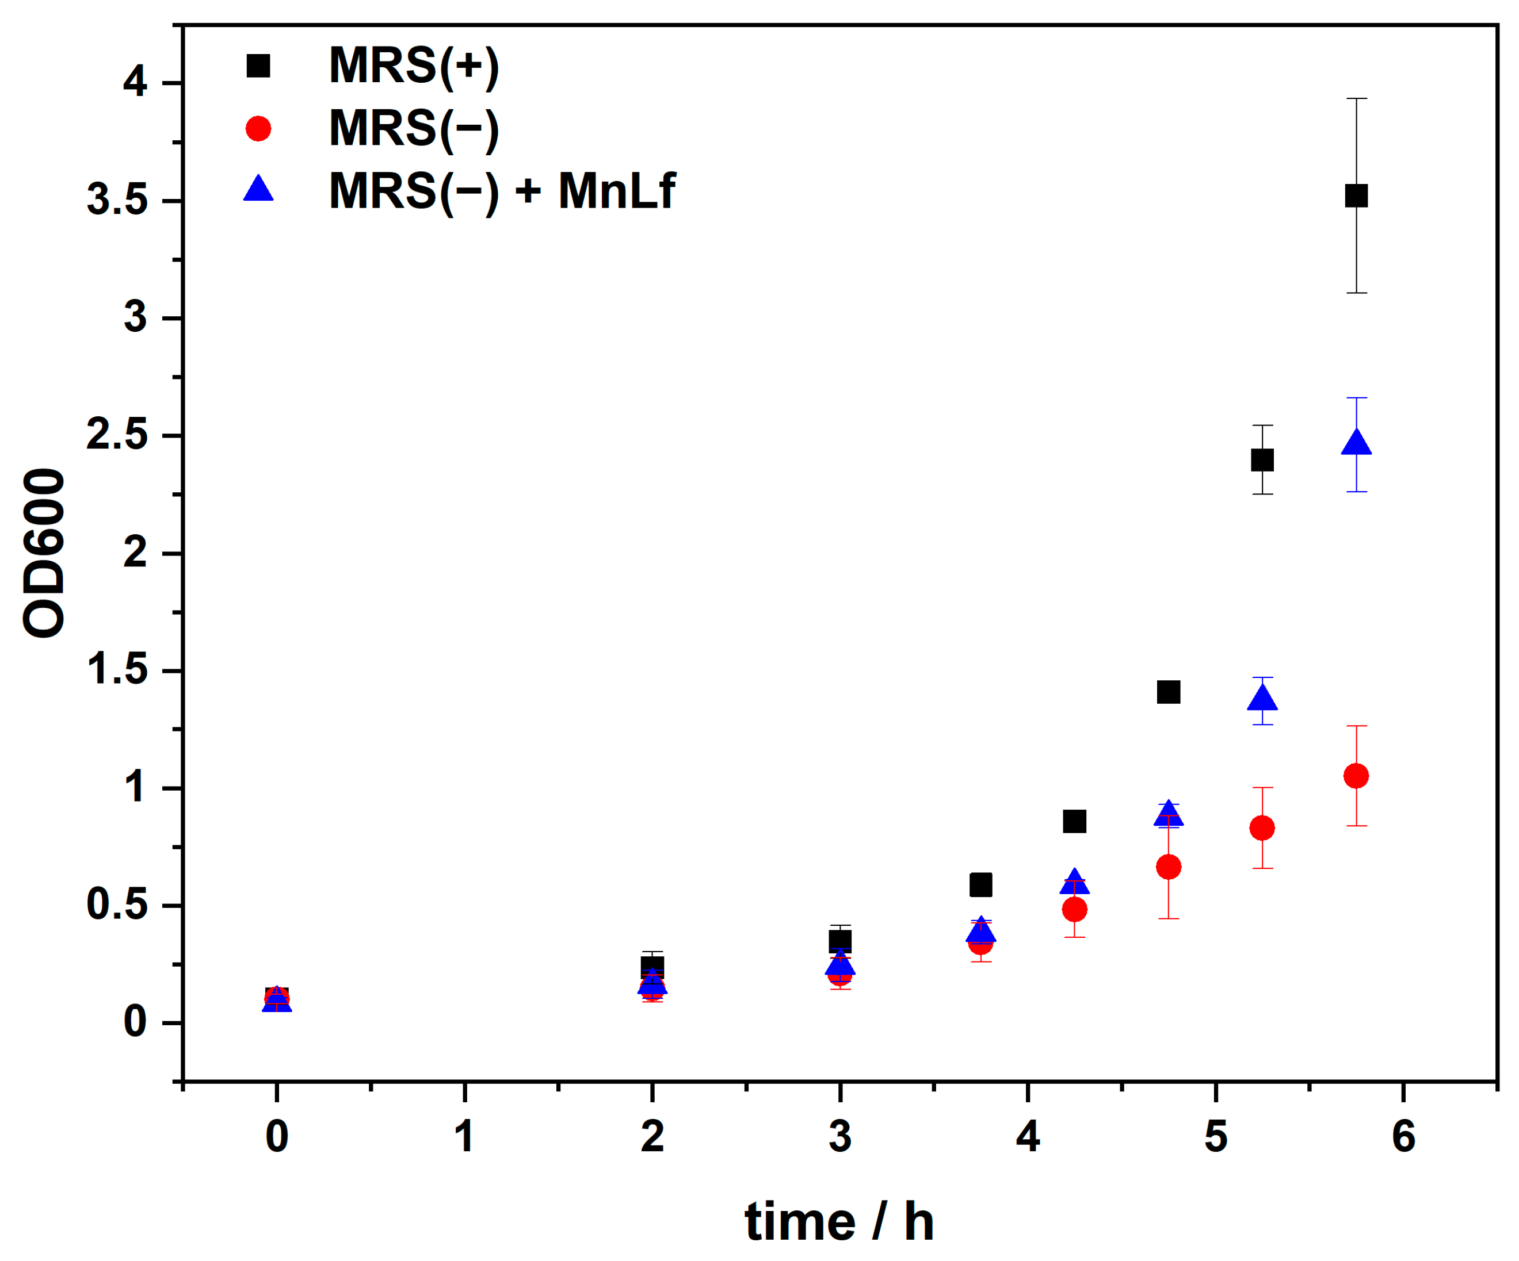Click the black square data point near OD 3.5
point(1356,196)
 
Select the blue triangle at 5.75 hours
point(1356,443)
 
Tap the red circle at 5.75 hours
point(1356,776)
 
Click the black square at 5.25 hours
point(1262,460)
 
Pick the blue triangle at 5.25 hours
point(1262,697)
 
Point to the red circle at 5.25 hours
point(1262,828)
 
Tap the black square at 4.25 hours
point(1075,821)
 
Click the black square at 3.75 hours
point(981,885)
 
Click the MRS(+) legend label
point(414,67)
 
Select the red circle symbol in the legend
point(258,129)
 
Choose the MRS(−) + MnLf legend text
point(501,191)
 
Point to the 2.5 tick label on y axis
point(117,435)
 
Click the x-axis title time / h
point(839,1222)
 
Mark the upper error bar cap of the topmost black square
point(1356,98)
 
